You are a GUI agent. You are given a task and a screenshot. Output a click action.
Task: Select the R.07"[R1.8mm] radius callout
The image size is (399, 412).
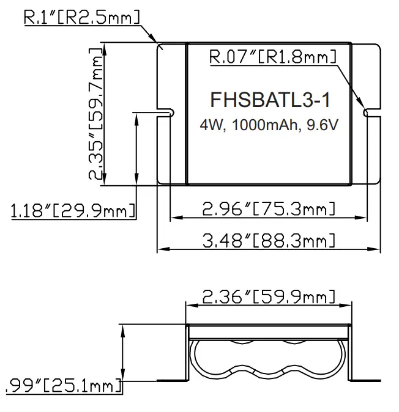272,58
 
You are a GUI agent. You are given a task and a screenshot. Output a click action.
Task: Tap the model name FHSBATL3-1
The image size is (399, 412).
269,99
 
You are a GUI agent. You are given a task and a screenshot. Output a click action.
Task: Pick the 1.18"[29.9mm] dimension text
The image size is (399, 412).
72,212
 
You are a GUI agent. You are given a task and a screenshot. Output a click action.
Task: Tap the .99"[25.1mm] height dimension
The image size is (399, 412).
61,385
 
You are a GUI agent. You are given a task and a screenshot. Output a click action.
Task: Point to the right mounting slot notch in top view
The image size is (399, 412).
370,112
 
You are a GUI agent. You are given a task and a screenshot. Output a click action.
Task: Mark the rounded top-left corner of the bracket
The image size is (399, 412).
161,46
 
